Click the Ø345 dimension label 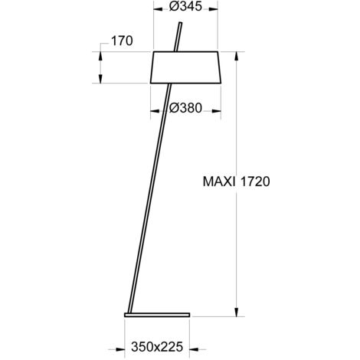coord(185,6)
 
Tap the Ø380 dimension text coord(185,108)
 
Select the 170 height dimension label coord(122,41)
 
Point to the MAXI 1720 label coord(236,182)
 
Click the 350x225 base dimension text coord(157,347)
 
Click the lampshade coord(185,67)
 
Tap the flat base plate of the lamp coord(157,315)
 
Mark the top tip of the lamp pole coord(181,23)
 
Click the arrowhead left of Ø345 coord(158,9)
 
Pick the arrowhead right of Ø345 coord(213,9)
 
